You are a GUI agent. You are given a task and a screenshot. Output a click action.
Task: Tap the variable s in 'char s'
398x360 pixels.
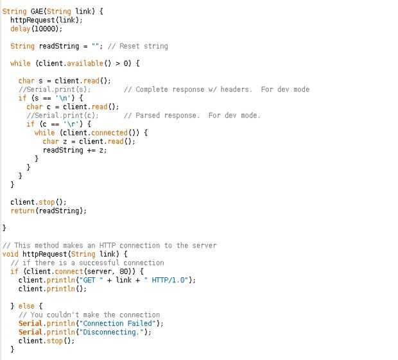[40, 81]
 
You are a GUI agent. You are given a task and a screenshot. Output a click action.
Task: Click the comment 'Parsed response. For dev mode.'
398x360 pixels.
[192, 116]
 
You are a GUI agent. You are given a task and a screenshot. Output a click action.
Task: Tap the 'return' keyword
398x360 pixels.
[22, 210]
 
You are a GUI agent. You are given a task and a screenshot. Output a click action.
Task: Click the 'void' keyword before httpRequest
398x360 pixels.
[11, 254]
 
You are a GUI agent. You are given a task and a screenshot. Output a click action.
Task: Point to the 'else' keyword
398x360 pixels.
[28, 306]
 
